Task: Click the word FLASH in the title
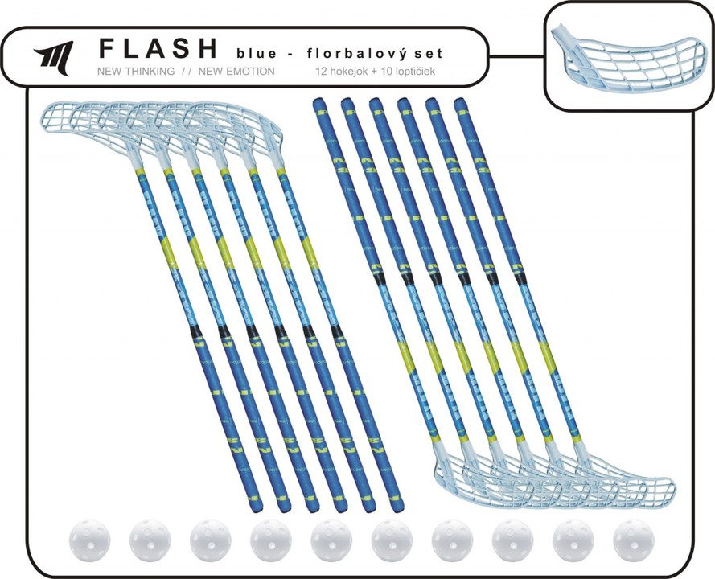[158, 50]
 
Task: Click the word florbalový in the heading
[343, 53]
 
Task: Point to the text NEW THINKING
[135, 72]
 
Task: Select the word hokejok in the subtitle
[351, 72]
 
